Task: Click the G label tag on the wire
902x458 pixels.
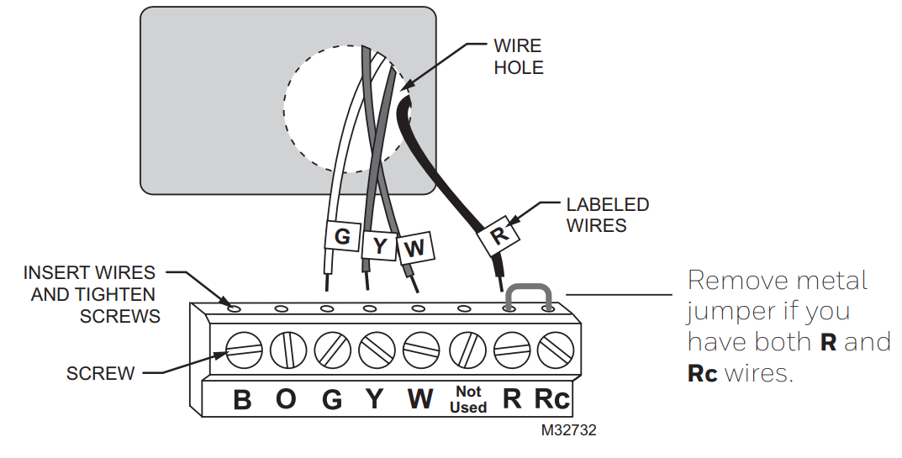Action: pyautogui.click(x=342, y=236)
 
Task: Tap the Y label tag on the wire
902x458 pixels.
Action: pyautogui.click(x=380, y=245)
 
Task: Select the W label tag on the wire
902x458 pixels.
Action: pyautogui.click(x=414, y=248)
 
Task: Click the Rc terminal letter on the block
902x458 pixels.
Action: pyautogui.click(x=552, y=399)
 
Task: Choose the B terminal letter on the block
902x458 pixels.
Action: pyautogui.click(x=242, y=400)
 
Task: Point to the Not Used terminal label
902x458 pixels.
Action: pyautogui.click(x=467, y=399)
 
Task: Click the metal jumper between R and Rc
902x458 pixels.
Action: pyautogui.click(x=528, y=291)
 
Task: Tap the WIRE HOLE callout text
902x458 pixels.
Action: pyautogui.click(x=519, y=57)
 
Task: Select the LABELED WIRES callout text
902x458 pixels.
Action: pyautogui.click(x=607, y=214)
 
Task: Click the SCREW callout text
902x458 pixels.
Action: pyautogui.click(x=100, y=373)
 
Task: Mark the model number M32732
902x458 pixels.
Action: pyautogui.click(x=569, y=429)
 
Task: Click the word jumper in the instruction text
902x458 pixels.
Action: pyautogui.click(x=726, y=312)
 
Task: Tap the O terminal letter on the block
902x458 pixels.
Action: pyautogui.click(x=287, y=400)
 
